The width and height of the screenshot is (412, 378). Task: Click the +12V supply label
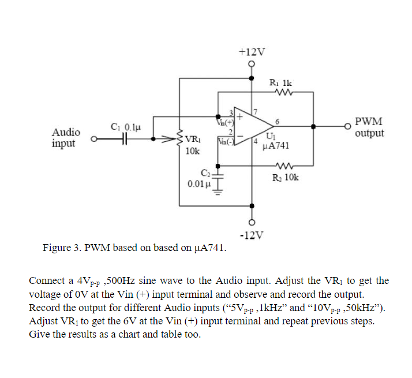(252, 52)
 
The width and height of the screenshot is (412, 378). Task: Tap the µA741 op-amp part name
(275, 145)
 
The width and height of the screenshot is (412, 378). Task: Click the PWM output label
(369, 128)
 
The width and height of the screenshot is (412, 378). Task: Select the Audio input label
(66, 138)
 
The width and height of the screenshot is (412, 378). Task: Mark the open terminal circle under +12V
(252, 65)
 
